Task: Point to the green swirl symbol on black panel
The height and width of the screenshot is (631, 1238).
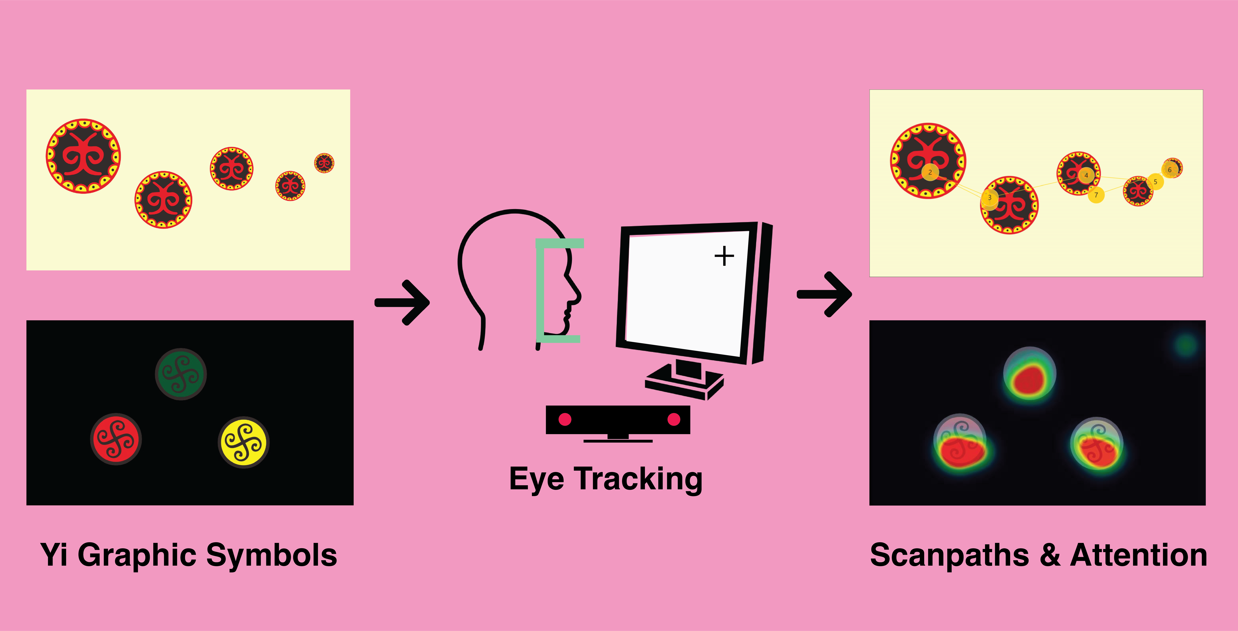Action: pos(181,374)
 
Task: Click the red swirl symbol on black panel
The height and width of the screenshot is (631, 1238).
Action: pos(116,439)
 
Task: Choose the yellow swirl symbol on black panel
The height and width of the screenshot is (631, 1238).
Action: pos(244,442)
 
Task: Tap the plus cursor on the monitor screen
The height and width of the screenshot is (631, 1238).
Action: pos(724,256)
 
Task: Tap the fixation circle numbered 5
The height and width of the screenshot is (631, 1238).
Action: pos(1155,182)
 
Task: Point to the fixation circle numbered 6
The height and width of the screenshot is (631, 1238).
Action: pos(1170,169)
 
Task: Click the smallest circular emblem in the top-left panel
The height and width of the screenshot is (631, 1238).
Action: pos(324,163)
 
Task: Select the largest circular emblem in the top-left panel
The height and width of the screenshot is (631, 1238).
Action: pos(83,156)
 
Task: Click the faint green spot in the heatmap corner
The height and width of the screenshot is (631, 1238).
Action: pos(1186,345)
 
